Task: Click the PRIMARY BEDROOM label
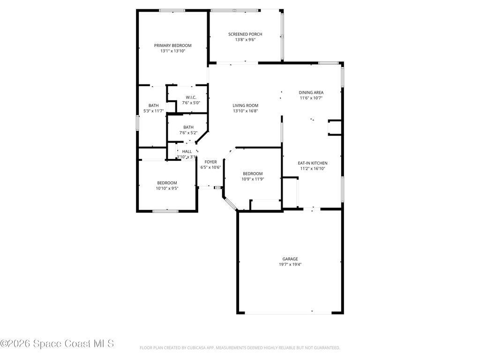[x=173, y=45]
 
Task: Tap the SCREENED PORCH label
[x=245, y=34]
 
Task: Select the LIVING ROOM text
[x=245, y=105]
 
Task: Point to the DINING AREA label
[x=311, y=92]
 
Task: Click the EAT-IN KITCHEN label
[x=313, y=163]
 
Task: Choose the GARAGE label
[x=290, y=259]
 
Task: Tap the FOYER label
[x=210, y=162]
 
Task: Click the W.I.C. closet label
[x=191, y=97]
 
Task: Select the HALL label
[x=187, y=151]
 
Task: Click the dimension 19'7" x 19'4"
[x=290, y=264]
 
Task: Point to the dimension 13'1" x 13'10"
[x=173, y=51]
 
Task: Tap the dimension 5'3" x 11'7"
[x=153, y=111]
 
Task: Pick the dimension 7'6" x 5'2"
[x=188, y=133]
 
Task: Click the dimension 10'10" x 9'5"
[x=167, y=188]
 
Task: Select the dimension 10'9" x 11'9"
[x=252, y=179]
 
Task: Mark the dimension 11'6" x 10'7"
[x=311, y=98]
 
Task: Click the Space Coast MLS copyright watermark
[x=57, y=344]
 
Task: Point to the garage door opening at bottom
[x=290, y=313]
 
